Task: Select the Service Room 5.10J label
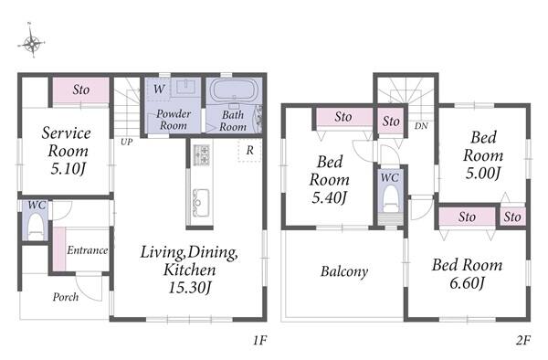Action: (67, 151)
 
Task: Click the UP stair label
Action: (127, 142)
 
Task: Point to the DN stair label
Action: (421, 126)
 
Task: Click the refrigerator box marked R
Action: (249, 150)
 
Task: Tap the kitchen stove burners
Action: (201, 154)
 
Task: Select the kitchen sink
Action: (201, 203)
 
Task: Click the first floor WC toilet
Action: (35, 226)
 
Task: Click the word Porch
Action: (66, 297)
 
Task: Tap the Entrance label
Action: (88, 250)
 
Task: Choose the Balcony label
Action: (344, 271)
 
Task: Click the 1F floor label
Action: (260, 340)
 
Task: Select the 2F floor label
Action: (523, 340)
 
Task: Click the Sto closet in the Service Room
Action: (80, 90)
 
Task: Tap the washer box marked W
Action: (159, 89)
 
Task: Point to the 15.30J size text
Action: (190, 288)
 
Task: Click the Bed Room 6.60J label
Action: (467, 274)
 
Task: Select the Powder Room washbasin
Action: (185, 87)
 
